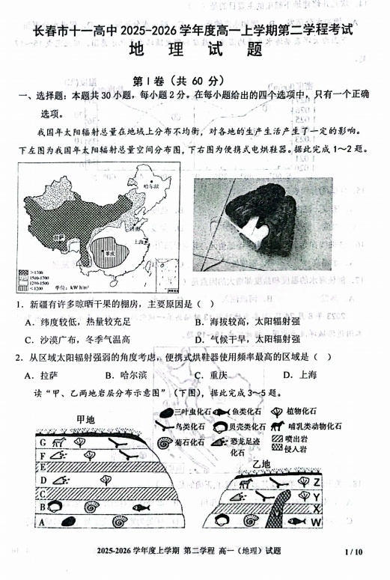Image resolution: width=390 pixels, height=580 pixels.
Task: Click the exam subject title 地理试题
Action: coord(194,51)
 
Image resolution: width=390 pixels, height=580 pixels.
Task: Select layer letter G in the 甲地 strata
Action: coord(43,442)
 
